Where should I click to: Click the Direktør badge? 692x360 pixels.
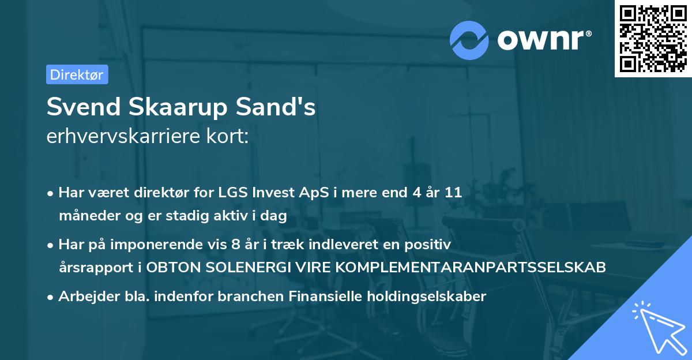click(x=77, y=74)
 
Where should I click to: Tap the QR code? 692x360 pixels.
click(x=653, y=39)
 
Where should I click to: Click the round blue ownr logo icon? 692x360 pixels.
click(x=469, y=40)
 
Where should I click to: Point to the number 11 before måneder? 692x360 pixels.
click(x=453, y=193)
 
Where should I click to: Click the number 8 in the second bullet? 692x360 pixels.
click(x=235, y=245)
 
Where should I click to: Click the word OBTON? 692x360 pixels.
click(x=172, y=268)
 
